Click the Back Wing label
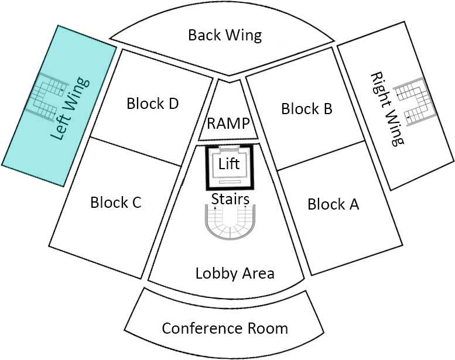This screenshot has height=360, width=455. (224, 35)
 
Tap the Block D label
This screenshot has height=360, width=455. (152, 104)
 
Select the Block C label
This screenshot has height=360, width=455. (116, 203)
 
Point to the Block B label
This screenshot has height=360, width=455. (307, 108)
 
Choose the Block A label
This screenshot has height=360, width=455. (333, 204)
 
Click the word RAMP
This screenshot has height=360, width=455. (228, 124)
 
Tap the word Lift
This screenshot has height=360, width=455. (229, 164)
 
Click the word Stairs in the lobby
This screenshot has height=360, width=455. (230, 199)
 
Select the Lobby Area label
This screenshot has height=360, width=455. (235, 273)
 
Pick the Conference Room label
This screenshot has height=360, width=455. (225, 328)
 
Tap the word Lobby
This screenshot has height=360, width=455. (213, 273)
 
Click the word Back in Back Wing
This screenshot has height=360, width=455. (203, 35)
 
